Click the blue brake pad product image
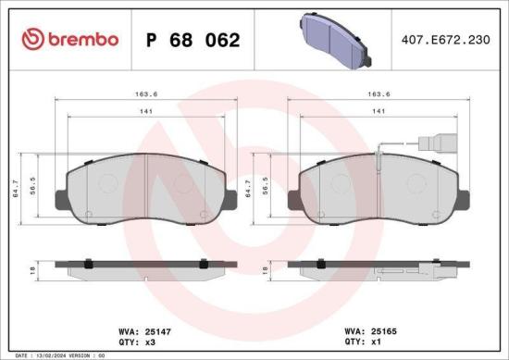coord(335,41)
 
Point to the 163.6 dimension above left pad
coord(143,93)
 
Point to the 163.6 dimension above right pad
coord(377,93)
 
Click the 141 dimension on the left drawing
coord(143,112)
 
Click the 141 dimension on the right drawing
coord(377,112)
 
